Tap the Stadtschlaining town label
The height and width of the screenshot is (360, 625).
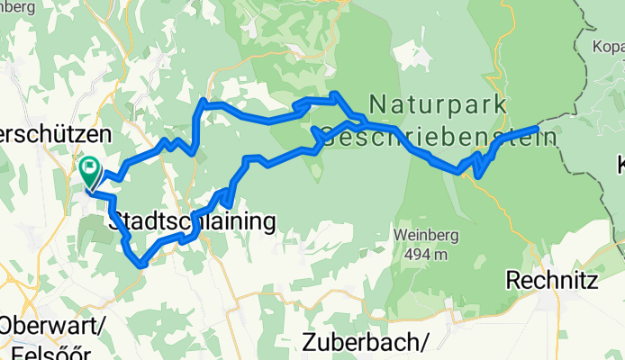tap(192, 221)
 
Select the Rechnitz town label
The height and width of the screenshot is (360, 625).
tap(552, 281)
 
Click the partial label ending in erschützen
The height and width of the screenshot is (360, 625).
tap(54, 133)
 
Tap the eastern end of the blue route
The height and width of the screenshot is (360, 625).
tap(537, 130)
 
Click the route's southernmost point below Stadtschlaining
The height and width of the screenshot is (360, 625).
tap(140, 265)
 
